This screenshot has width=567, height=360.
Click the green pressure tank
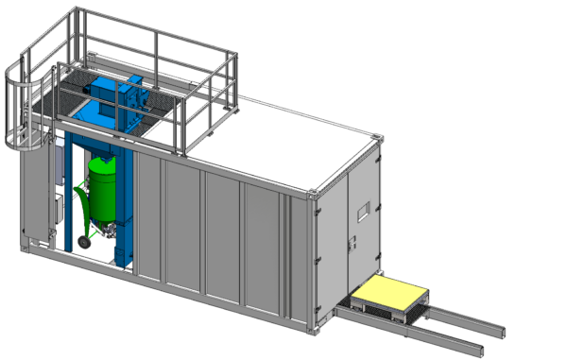[x=101, y=194]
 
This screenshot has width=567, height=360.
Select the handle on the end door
[x=352, y=244]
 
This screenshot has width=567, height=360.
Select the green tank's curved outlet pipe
[x=83, y=203]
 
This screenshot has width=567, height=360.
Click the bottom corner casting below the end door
[x=326, y=332]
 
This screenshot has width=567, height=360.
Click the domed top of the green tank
[x=102, y=161]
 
